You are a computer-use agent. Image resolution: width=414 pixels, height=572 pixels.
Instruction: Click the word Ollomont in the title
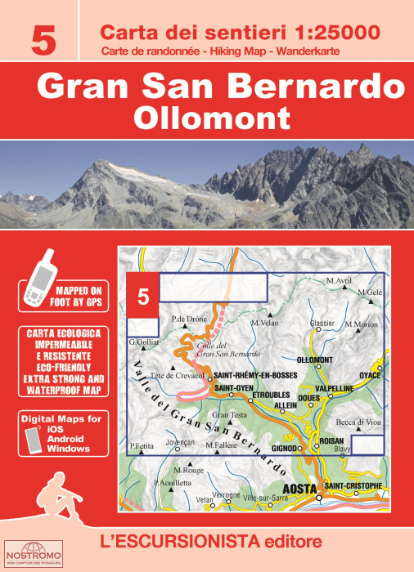[x=206, y=116]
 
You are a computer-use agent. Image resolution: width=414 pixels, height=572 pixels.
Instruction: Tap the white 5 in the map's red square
[x=143, y=298]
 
